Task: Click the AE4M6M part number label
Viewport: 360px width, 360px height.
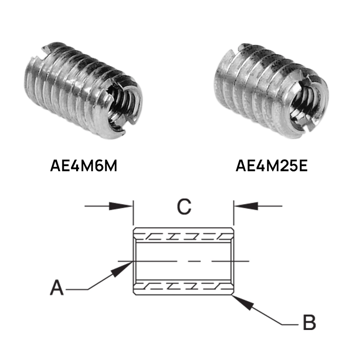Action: [x=84, y=166]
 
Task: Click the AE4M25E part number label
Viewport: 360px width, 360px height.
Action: [x=271, y=166]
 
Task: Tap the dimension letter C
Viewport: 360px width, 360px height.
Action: [x=184, y=207]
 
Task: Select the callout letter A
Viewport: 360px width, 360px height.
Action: [x=57, y=287]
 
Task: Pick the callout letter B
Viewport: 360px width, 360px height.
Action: [x=309, y=322]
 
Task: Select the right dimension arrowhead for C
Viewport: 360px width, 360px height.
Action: [x=246, y=206]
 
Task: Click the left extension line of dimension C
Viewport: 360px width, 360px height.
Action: [x=133, y=213]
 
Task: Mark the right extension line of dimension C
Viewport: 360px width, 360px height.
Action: [x=234, y=213]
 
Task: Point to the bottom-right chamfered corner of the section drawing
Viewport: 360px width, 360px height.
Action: [x=232, y=293]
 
